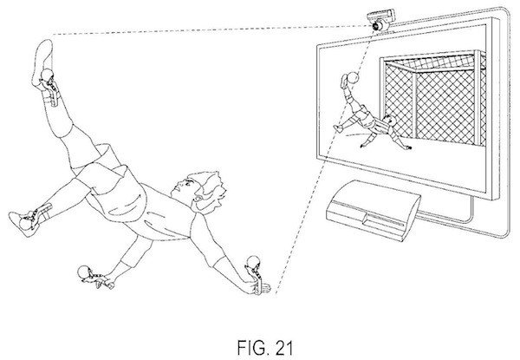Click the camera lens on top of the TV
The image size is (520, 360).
pos(378,26)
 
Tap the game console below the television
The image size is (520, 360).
pos(374,210)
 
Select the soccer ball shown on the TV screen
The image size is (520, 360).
pos(353,78)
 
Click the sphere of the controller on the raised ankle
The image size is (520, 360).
pos(46,75)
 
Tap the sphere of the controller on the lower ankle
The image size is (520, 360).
pos(25,223)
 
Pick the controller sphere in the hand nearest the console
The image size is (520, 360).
pos(253,262)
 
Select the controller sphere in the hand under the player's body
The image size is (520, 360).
pos(83,271)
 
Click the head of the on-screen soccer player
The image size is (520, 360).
pos(387,121)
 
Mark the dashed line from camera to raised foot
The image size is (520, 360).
pos(211,29)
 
